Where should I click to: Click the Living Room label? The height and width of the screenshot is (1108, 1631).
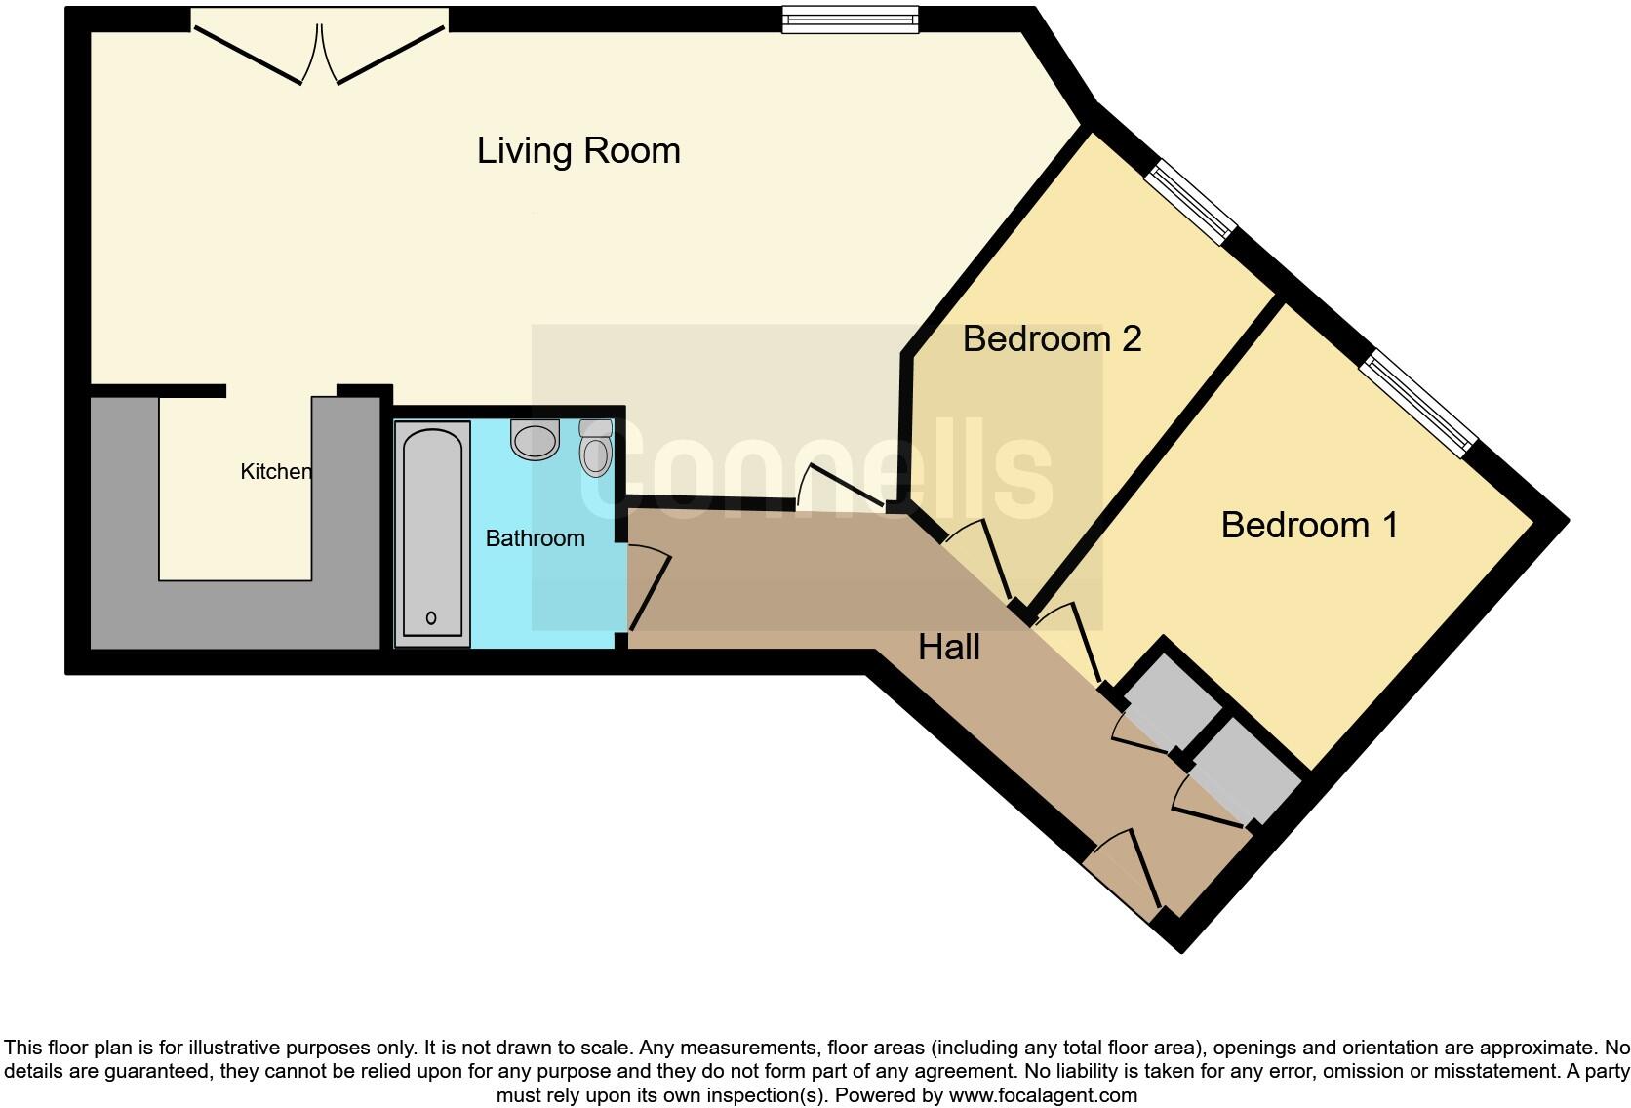coord(578,151)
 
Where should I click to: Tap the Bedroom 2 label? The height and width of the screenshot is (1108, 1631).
coord(1052,339)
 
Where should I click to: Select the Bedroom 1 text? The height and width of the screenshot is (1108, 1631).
coord(1309,526)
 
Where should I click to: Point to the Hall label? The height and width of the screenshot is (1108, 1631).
coord(948,648)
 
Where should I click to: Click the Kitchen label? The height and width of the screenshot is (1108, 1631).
coord(276,472)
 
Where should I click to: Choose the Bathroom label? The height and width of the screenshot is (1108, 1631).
coord(535,538)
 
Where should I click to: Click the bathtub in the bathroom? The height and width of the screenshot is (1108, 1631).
coord(432,532)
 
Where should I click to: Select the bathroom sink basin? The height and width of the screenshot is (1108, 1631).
coord(535,441)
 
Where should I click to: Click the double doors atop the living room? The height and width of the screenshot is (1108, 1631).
coord(320,49)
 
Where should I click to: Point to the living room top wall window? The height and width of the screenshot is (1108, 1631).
coord(851,20)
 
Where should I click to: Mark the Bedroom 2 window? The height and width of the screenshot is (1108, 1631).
coord(1190,203)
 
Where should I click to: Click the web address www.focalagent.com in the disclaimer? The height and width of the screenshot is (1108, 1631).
coord(1042,1095)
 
